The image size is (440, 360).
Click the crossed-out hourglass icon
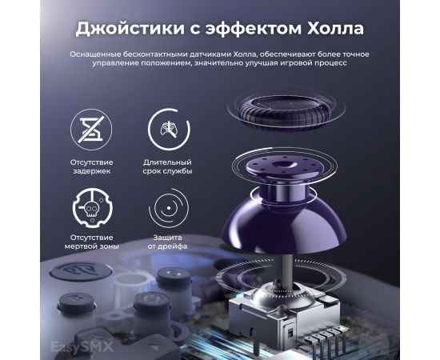coord(91,130)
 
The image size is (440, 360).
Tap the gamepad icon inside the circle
coord(169,130)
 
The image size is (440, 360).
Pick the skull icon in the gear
coord(92,208)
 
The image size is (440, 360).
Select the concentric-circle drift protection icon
coord(169,208)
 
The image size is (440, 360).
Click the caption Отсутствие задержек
coord(91,166)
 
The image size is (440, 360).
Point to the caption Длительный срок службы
coord(167,166)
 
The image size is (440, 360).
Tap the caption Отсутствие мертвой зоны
coord(91,242)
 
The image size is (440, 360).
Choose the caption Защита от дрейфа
coord(167,242)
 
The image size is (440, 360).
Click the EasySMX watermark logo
coord(82,346)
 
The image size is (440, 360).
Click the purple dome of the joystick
coord(284,225)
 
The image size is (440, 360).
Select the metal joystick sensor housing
coord(283,314)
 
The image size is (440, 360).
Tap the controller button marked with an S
coord(173,275)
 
